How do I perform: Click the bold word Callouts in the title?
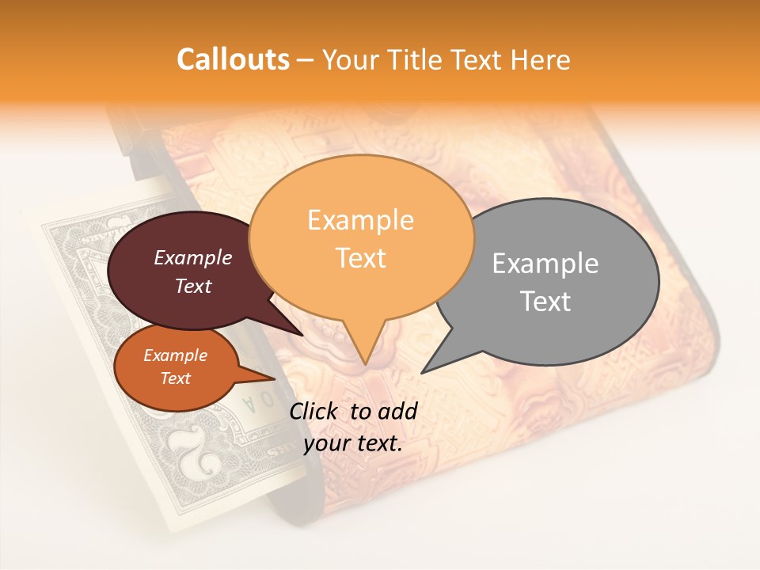233,59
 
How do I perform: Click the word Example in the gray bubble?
545,264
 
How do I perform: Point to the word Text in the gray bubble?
545,302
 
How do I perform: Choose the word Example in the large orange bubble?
360,220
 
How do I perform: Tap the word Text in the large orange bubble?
360,258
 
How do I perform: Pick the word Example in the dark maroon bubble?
193,258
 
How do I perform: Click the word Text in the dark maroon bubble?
193,287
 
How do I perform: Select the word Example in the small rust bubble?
175,355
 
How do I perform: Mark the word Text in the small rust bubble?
175,378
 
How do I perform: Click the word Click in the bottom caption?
315,411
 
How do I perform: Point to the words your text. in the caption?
353,443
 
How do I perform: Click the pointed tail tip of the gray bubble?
423,372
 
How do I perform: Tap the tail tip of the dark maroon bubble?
302,335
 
